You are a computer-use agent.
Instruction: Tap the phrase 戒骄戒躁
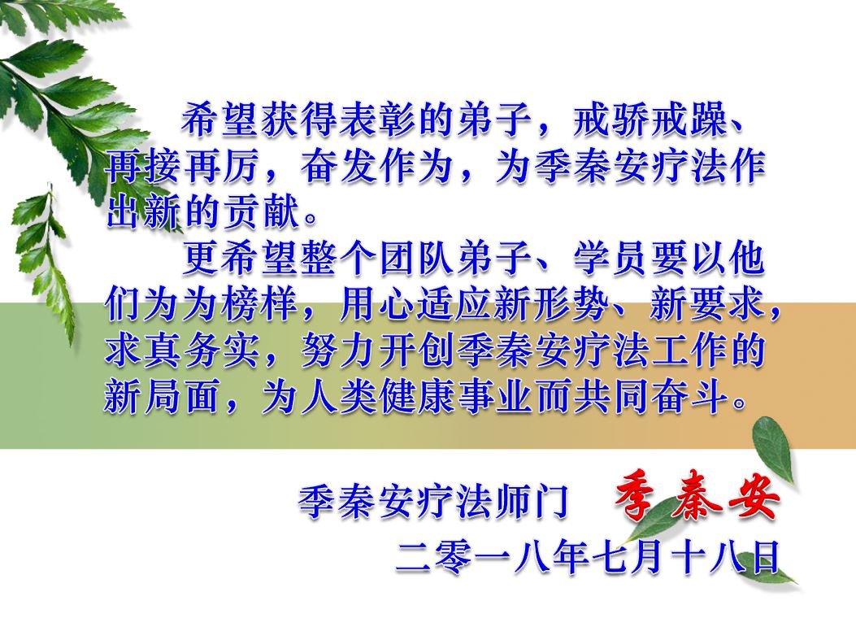click(x=649, y=119)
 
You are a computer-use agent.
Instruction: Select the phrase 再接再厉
click(x=181, y=165)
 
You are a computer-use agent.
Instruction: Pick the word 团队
click(x=416, y=257)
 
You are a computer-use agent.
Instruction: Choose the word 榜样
click(x=259, y=303)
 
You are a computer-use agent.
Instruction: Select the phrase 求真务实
click(x=181, y=350)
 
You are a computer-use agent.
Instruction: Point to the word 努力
click(x=338, y=350)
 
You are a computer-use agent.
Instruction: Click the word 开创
click(x=416, y=350)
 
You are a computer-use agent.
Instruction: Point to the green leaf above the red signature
click(x=772, y=449)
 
